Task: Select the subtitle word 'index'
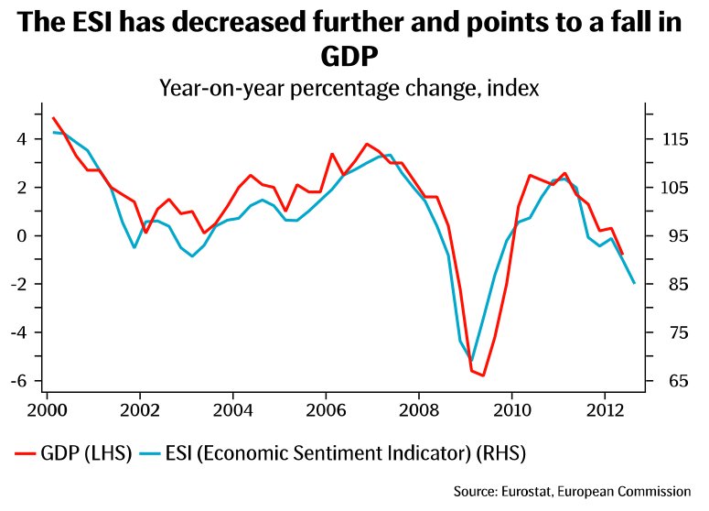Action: coord(511,89)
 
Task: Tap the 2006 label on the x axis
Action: coord(327,409)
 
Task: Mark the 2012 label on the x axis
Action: coord(605,409)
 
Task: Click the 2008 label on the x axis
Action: coord(420,409)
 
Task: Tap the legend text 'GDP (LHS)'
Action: coord(86,453)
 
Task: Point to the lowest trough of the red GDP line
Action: coord(483,375)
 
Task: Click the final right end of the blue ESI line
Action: coord(634,283)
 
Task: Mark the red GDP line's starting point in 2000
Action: coord(53,117)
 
